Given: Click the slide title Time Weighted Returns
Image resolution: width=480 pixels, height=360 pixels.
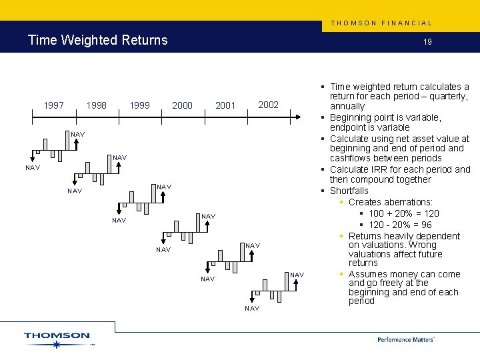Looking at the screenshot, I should coord(97,40).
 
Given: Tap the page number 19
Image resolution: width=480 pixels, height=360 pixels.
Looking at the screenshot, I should coord(427,41).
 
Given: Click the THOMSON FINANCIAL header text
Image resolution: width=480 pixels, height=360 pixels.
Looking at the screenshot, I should coord(381,23).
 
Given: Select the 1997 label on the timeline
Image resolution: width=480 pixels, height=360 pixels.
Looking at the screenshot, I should coord(54,105).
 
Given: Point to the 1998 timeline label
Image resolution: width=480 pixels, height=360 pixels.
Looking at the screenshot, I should coord(97,105).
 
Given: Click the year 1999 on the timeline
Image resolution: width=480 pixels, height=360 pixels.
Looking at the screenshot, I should coord(139,105).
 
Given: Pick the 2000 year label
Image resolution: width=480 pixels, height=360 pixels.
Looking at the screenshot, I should coord(182,105).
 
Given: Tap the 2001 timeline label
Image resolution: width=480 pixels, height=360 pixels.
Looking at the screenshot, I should coord(225,105).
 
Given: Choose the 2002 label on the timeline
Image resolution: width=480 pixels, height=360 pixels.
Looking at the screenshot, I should coord(268,105).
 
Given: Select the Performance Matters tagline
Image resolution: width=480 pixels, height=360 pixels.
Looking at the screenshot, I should coord(405,339).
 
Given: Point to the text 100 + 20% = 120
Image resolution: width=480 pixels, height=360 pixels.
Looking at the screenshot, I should coord(404,213).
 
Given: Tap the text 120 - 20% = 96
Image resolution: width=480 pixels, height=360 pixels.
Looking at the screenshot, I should coord(400,225).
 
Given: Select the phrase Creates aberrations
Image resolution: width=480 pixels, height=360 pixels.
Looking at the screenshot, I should coord(390,202).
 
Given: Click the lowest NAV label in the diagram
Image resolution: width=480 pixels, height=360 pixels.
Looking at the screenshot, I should coord(252,309).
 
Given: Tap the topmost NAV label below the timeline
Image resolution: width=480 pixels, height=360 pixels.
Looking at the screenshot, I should coord(78,135).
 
